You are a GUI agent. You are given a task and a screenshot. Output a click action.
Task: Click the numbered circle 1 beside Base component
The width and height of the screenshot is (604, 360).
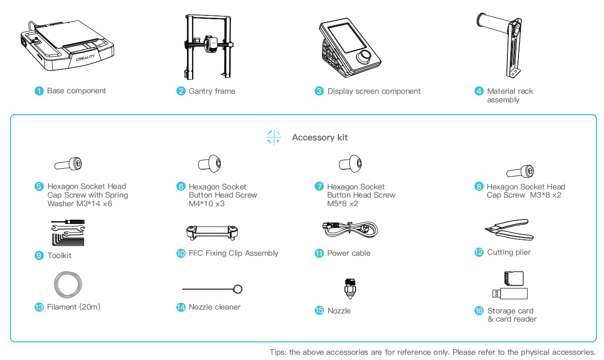[x=39, y=91]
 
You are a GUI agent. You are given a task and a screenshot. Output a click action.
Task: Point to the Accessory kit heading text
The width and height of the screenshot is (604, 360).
[x=320, y=137]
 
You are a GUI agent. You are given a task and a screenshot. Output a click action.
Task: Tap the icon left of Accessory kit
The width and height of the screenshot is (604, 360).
[x=273, y=137]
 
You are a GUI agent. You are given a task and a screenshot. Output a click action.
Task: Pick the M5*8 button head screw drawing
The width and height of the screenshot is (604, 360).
[x=350, y=164]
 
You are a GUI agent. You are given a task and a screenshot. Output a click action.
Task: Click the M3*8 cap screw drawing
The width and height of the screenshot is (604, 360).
[x=520, y=171]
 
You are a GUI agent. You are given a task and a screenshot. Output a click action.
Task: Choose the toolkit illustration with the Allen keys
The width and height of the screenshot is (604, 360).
[x=67, y=233]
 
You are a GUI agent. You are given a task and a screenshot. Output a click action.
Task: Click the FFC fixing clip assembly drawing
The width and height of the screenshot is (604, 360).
[x=212, y=233]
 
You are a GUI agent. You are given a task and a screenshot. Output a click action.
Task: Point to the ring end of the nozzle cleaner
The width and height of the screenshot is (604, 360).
[x=237, y=289]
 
